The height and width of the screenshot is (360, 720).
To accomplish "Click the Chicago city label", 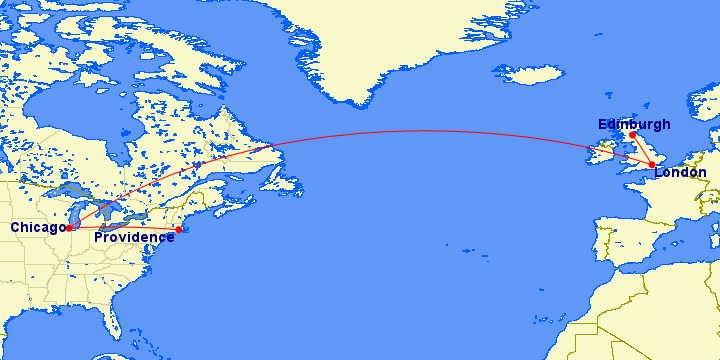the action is point(37,228).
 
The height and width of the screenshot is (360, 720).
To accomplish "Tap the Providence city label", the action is point(134,237).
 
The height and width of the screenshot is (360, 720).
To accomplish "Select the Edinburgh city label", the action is point(634,124).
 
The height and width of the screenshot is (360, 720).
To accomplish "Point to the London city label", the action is point(680,173).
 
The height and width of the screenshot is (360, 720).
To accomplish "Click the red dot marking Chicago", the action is point(69,227).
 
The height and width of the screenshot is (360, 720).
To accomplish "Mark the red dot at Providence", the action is point(179,230).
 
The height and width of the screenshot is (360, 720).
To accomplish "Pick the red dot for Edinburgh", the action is point(632,134).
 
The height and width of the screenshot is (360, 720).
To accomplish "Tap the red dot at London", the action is point(652,164).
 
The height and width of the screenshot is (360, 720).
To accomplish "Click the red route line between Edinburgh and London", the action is point(642,149).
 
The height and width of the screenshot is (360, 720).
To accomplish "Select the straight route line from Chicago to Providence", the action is point(125,228).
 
